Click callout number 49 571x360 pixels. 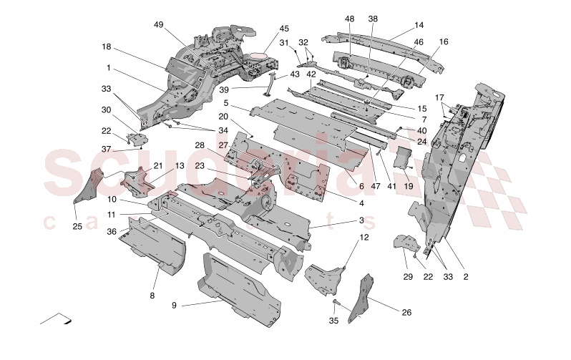[x=158, y=24]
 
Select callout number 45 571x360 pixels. [x=284, y=29]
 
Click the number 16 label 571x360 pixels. [x=444, y=42]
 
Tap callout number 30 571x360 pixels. [x=107, y=110]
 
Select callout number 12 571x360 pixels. [x=363, y=237]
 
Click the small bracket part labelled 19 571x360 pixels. [x=403, y=157]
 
